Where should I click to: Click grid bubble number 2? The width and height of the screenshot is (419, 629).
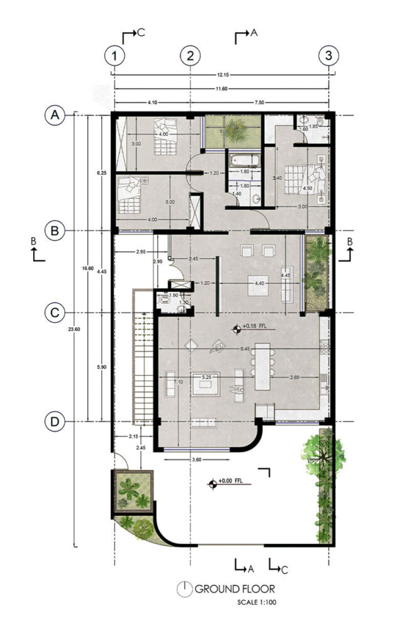(x=190, y=56)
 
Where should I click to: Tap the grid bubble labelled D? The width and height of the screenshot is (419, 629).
(x=55, y=421)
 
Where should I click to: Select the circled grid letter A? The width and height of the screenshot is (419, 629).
(x=55, y=115)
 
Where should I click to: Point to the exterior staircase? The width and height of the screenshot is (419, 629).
(x=143, y=359)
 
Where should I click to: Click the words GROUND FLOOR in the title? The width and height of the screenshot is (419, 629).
(x=234, y=589)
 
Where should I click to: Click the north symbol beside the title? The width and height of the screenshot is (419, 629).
(x=186, y=589)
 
